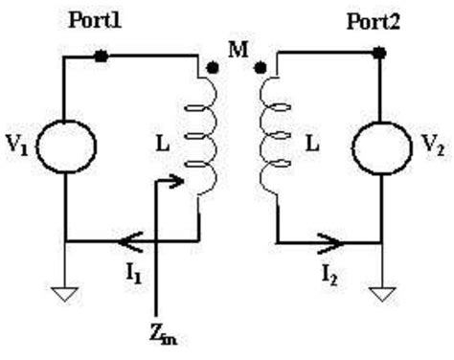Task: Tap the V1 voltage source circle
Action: click(x=66, y=145)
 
